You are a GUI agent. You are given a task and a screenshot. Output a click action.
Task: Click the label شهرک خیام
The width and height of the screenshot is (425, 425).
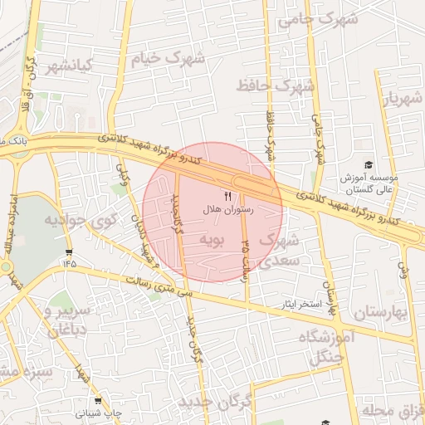(167, 59)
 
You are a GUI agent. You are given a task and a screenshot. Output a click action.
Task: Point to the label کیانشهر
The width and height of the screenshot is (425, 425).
(69, 66)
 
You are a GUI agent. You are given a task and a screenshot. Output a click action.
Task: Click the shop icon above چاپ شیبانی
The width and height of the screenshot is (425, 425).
(98, 399)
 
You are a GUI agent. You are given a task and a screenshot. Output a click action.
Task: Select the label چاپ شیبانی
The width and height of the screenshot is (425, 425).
(98, 413)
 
